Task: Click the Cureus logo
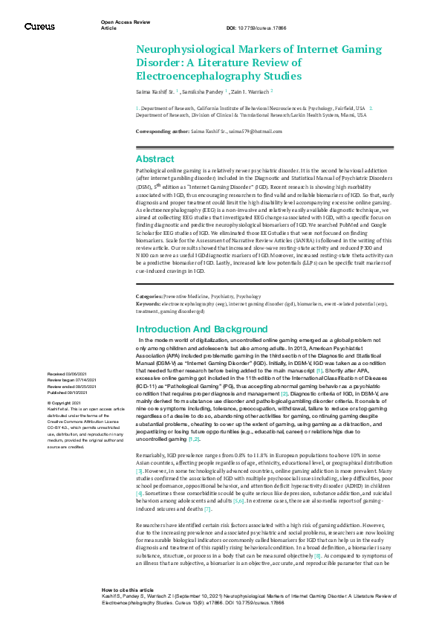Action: point(39,26)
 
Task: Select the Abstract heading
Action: point(155,158)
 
